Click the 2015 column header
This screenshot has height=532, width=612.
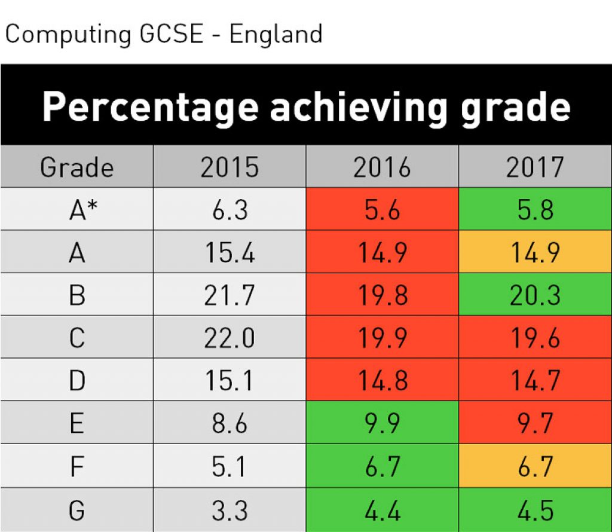pos(229,167)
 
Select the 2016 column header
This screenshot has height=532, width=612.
pos(382,167)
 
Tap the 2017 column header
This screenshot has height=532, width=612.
pos(535,167)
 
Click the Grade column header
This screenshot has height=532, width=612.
pos(76,167)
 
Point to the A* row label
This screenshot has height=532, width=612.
pos(76,210)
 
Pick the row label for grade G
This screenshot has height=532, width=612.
pos(76,511)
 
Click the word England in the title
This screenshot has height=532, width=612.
pos(276,34)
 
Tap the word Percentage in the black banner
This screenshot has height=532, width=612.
pos(150,108)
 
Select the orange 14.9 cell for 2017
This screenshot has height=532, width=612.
pos(535,253)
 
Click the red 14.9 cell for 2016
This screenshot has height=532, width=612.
pos(382,253)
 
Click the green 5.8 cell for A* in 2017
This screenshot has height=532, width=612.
pos(535,210)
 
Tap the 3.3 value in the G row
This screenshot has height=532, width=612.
pos(229,511)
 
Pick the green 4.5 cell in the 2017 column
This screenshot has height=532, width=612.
pos(535,511)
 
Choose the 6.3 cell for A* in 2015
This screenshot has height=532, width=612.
pos(229,210)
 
